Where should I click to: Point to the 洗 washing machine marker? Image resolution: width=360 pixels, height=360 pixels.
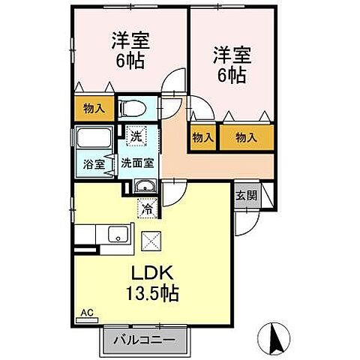pyautogui.click(x=136, y=136)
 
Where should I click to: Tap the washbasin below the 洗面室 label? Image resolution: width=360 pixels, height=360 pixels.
pyautogui.click(x=146, y=187)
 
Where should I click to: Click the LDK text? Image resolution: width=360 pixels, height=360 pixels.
pyautogui.click(x=155, y=271)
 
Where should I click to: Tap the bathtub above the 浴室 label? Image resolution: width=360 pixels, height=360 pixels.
pyautogui.click(x=93, y=139)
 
